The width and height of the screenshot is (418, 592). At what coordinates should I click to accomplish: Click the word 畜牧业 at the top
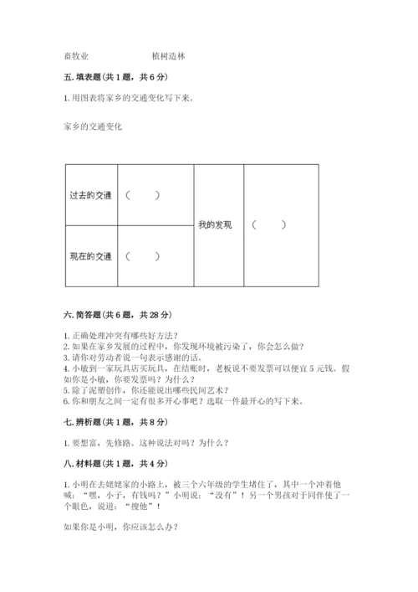(x=76, y=57)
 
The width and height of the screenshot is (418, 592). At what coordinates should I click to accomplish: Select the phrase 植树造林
(x=169, y=57)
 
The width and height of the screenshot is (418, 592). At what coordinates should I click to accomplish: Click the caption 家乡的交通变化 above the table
(x=92, y=127)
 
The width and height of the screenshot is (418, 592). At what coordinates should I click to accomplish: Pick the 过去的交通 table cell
(x=90, y=196)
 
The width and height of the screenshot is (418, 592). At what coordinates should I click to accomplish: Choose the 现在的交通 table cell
(x=90, y=255)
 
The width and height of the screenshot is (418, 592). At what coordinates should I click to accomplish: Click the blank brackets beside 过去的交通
(x=143, y=196)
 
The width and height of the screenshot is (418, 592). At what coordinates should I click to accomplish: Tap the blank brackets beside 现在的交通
(x=143, y=255)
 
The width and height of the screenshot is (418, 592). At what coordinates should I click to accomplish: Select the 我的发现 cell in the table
(x=215, y=224)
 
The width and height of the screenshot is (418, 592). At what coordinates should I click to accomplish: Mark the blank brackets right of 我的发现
(x=269, y=224)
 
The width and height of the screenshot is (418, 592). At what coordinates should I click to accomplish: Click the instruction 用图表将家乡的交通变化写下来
(x=127, y=98)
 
